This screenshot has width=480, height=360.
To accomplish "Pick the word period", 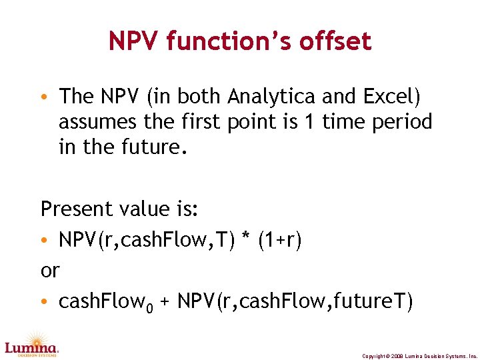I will click(402, 122).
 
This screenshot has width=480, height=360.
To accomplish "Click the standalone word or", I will click(50, 271).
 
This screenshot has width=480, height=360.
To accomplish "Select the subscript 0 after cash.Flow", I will click(150, 307).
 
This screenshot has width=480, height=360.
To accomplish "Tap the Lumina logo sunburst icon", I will click(31, 338).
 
